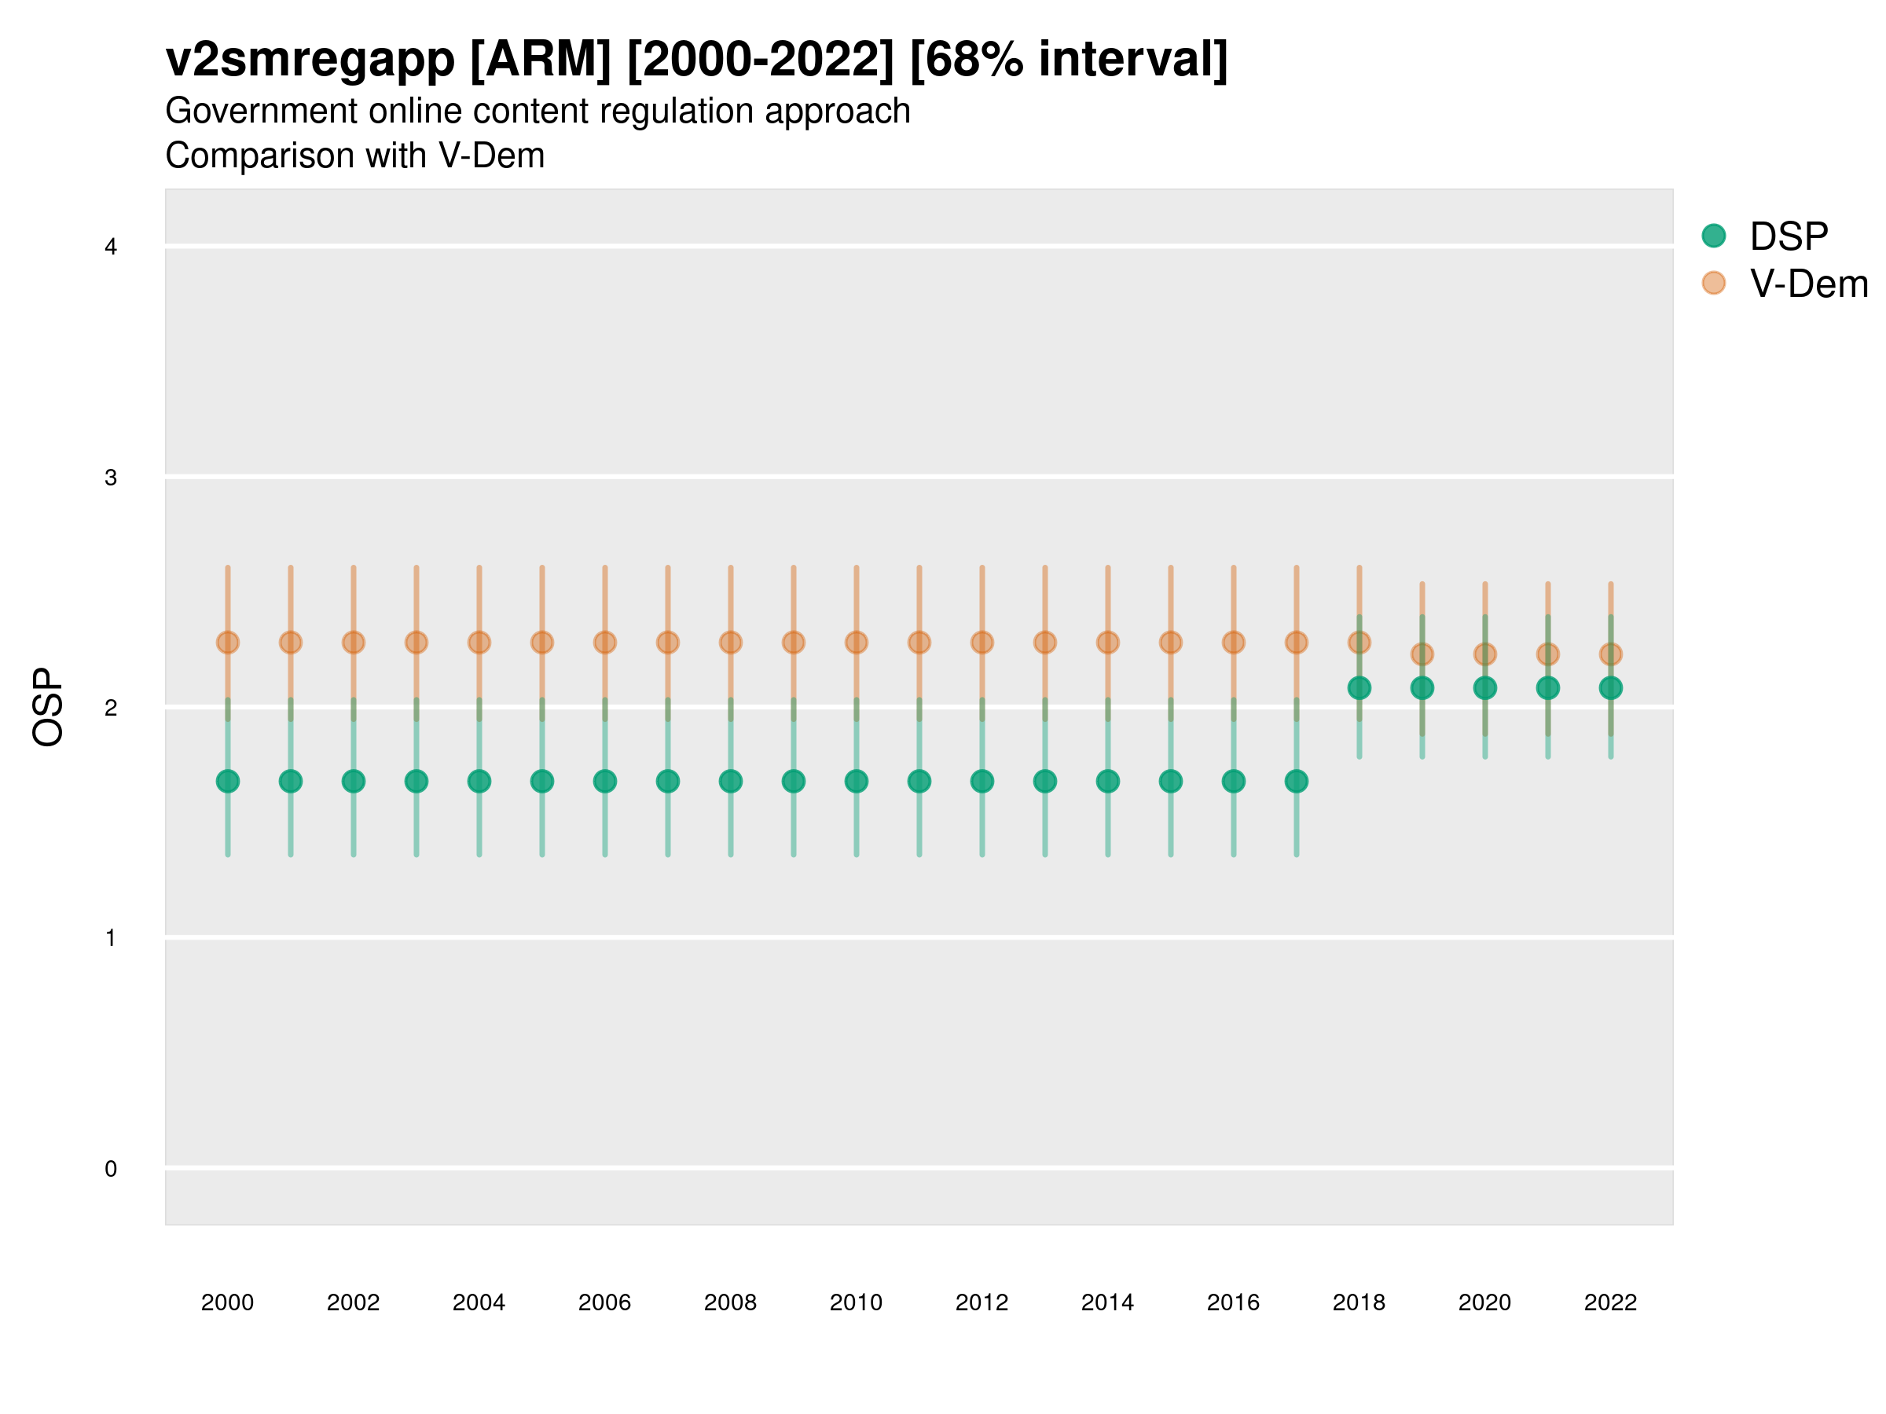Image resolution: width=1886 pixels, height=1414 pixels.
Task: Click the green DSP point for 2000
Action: pos(228,781)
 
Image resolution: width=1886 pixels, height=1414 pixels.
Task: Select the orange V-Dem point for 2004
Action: pos(479,642)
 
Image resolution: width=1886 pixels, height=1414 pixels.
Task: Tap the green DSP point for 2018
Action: pos(1359,688)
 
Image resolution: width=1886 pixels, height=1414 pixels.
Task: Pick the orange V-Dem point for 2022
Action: pos(1611,654)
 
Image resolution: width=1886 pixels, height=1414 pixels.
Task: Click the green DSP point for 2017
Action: pos(1296,781)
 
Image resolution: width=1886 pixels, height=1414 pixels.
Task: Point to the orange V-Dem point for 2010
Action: pos(856,642)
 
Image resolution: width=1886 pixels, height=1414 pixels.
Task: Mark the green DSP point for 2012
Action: pos(982,781)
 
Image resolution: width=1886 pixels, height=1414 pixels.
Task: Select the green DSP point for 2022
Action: pos(1611,688)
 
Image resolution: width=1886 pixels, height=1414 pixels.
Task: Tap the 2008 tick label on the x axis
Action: pos(731,1302)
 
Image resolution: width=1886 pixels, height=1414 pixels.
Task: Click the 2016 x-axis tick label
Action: pos(1234,1302)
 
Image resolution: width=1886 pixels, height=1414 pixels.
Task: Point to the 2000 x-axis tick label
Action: pos(228,1302)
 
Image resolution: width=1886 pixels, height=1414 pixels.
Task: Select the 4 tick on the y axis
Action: pos(111,247)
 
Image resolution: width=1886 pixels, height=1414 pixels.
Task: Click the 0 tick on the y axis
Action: pos(111,1169)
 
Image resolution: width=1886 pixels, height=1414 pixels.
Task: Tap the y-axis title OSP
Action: pos(48,708)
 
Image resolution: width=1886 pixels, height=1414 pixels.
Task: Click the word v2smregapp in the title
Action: pos(310,60)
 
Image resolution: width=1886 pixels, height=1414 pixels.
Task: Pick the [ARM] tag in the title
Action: pos(541,60)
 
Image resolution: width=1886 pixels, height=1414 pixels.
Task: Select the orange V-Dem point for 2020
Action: pos(1485,654)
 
